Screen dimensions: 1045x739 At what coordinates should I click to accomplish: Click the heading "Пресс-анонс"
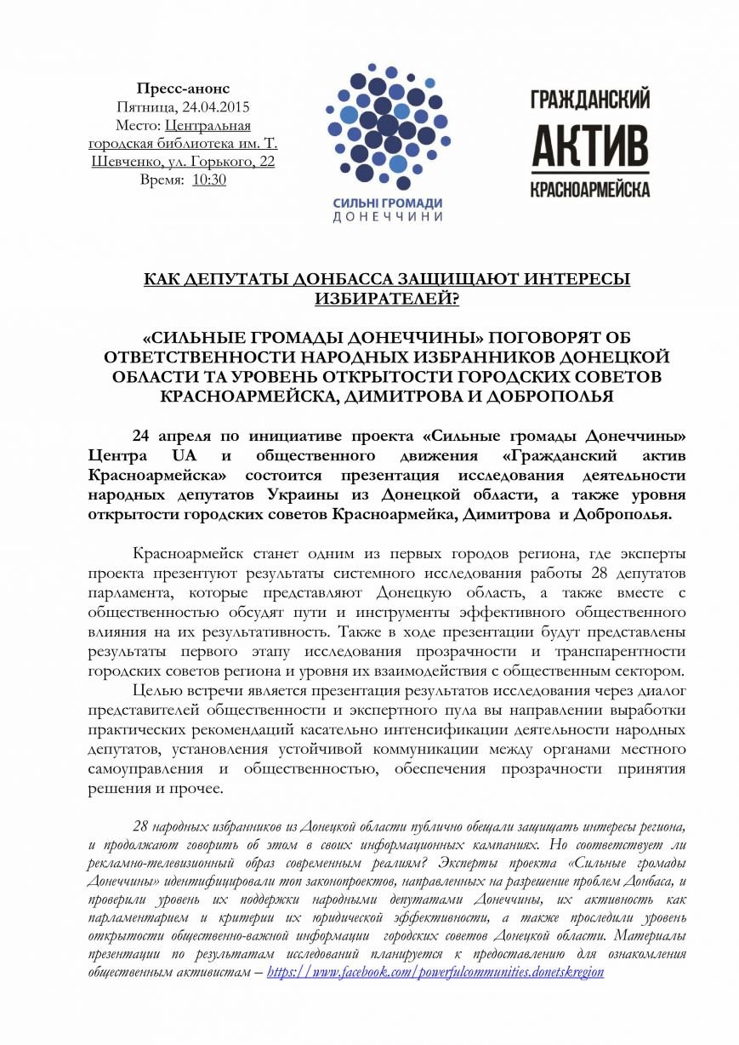(x=183, y=89)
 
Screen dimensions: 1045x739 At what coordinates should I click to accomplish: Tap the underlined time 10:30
(x=209, y=180)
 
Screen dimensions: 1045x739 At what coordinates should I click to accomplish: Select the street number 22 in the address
(x=266, y=162)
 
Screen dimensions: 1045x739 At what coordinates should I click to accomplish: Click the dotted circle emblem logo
(x=387, y=123)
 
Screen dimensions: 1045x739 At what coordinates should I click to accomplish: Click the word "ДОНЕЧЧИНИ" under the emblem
(x=387, y=217)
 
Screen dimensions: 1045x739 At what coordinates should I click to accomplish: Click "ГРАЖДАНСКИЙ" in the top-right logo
(x=590, y=99)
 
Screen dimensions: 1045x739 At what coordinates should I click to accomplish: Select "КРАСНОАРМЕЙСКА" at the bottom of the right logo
(x=590, y=188)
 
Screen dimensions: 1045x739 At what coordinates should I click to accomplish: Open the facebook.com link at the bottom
(x=435, y=972)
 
